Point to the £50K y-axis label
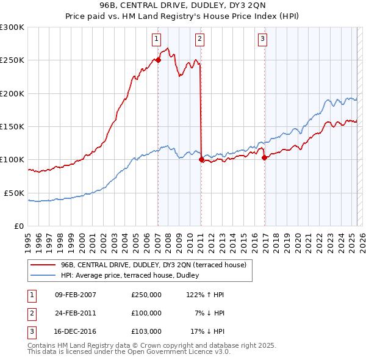pyautogui.click(x=14, y=193)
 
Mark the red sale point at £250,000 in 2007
pyautogui.click(x=158, y=60)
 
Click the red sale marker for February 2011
pyautogui.click(x=201, y=160)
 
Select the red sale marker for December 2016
pyautogui.click(x=265, y=157)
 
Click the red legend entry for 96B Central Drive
pyautogui.click(x=153, y=265)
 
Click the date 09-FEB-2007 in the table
pyautogui.click(x=75, y=295)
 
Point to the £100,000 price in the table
pyautogui.click(x=146, y=312)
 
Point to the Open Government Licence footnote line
pyautogui.click(x=129, y=352)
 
